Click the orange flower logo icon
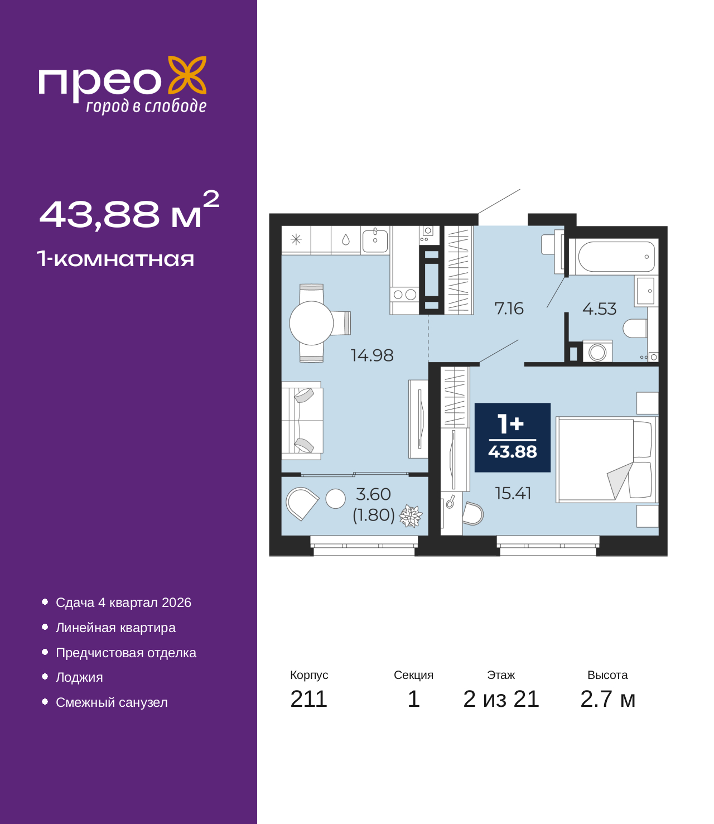(187, 75)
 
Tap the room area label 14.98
(372, 355)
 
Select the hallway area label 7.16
(509, 308)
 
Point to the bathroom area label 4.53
(599, 309)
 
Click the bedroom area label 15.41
(513, 493)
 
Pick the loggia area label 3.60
(373, 494)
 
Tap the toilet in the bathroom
(635, 328)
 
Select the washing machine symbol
(597, 351)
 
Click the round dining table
(311, 323)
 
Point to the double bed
(606, 460)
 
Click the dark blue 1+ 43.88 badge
(512, 437)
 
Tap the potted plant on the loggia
(411, 516)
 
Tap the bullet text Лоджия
(79, 677)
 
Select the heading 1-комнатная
(115, 259)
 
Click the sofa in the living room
(302, 421)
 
